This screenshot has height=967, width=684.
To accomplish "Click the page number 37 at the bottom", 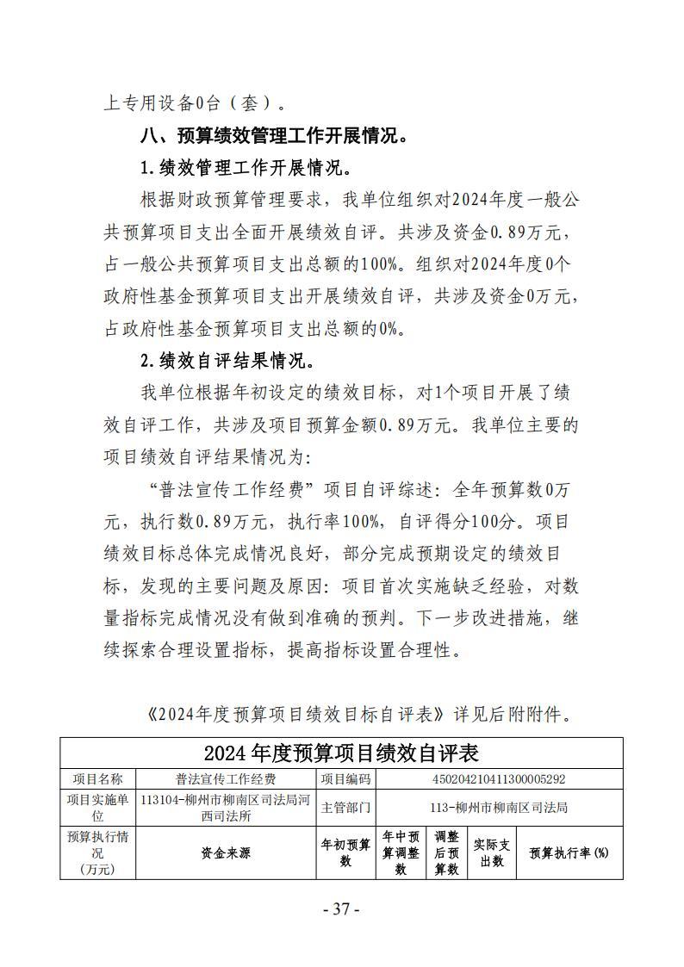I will click(341, 909).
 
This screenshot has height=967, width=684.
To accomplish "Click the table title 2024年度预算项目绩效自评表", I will click(341, 753).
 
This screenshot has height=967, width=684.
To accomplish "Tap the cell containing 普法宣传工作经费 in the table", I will click(226, 779).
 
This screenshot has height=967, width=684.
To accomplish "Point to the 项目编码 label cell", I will click(346, 779).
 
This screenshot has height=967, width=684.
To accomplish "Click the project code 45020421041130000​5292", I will click(499, 779).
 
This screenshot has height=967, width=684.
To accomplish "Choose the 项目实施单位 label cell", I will click(97, 807).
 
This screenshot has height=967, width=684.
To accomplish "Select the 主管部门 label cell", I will click(346, 807).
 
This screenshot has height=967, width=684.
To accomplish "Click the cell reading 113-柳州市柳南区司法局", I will click(499, 807).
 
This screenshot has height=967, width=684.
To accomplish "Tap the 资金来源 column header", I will click(226, 852).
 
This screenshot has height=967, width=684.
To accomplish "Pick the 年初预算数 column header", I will click(346, 852).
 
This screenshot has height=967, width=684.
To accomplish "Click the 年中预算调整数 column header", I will click(401, 852).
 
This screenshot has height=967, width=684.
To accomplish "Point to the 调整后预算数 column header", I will click(447, 852).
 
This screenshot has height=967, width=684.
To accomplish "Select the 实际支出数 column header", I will click(492, 852).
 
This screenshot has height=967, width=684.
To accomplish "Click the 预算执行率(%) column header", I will click(569, 852).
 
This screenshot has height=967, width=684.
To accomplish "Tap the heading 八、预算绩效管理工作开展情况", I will click(274, 135).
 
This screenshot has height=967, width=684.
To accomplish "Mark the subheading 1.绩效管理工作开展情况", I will click(246, 167).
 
